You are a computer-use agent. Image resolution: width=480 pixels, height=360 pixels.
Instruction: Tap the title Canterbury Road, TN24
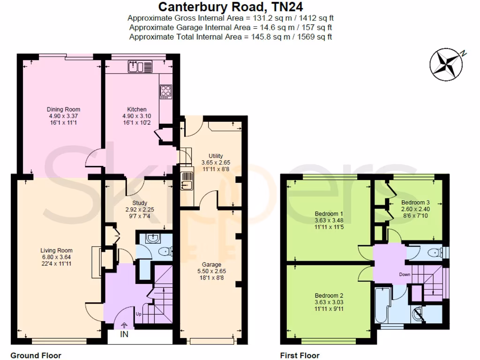coord(230,7)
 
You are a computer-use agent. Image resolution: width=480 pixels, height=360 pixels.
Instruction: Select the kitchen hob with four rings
coord(166,90)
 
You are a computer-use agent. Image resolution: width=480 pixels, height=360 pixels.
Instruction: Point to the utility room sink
coord(187,180)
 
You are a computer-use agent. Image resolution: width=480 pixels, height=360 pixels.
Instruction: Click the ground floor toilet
coord(163,252)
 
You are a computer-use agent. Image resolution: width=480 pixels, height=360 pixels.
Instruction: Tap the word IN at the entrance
coord(124,335)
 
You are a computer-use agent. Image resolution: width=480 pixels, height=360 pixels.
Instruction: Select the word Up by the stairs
coord(138,314)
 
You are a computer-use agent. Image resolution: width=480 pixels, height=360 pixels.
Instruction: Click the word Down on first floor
coord(405,274)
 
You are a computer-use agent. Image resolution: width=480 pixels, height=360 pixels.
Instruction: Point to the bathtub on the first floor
coord(382,305)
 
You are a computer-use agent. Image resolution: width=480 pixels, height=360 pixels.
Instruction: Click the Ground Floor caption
coord(36,355)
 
